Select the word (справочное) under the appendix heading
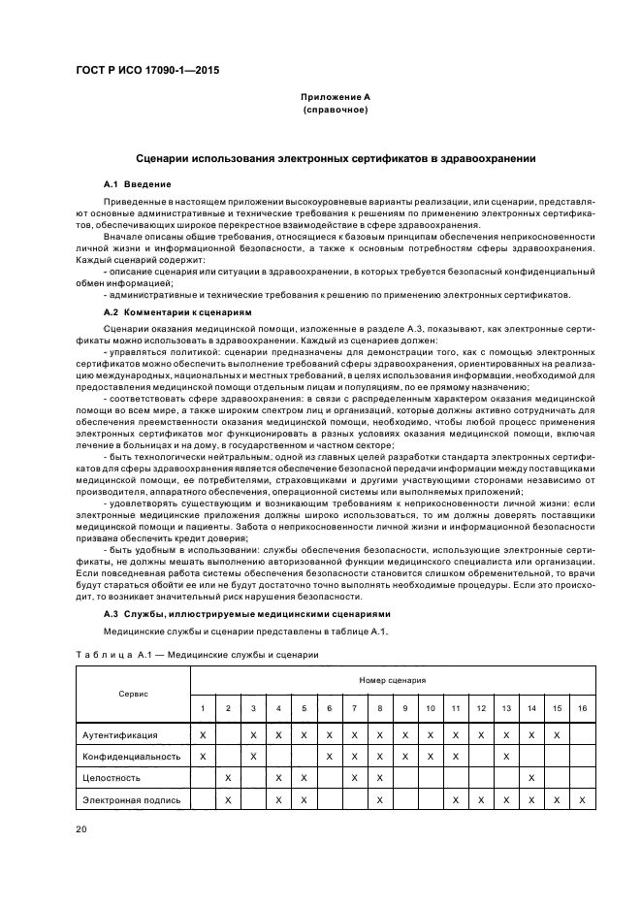(335, 111)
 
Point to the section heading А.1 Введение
(138, 183)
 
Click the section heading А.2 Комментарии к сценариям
(176, 313)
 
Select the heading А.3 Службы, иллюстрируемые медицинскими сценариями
(246, 614)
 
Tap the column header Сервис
(133, 695)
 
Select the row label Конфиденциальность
(132, 756)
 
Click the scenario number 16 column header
(582, 710)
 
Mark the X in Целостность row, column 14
(531, 777)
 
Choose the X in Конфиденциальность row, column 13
(506, 756)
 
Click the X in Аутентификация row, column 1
(203, 735)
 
